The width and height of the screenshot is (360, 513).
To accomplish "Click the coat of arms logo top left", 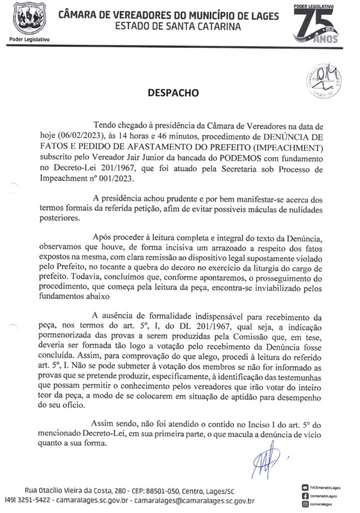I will (x=29, y=19).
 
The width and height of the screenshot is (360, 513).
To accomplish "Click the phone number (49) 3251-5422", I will (x=28, y=500).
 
